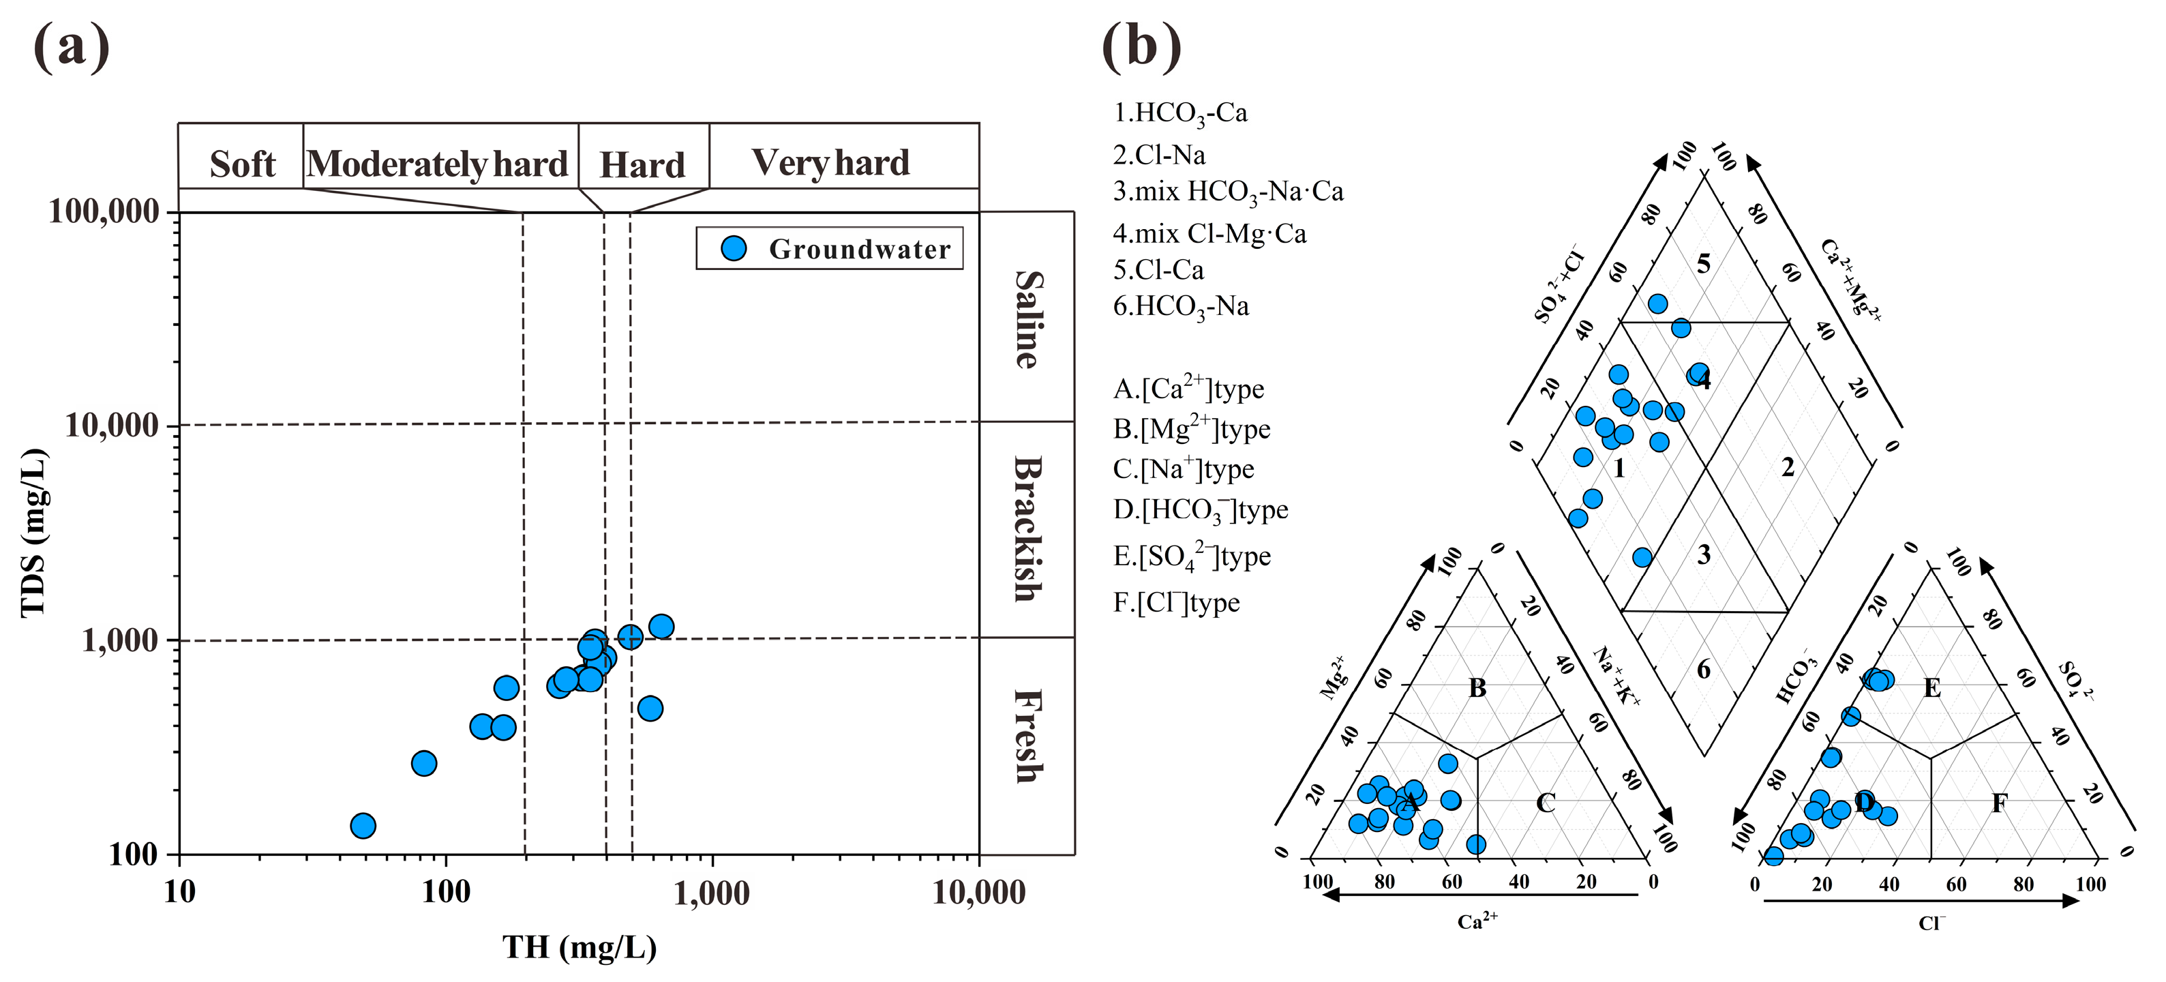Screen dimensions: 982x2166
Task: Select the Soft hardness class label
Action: (x=242, y=164)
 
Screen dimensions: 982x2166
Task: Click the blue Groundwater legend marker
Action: (x=733, y=248)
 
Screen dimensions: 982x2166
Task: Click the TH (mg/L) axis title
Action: (x=580, y=947)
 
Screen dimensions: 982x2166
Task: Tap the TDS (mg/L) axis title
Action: (x=33, y=533)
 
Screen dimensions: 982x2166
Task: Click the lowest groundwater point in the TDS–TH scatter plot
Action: (x=363, y=826)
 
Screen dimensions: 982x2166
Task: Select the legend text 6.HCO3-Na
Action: (x=1181, y=306)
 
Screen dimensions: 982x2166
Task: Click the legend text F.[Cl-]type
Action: (x=1176, y=603)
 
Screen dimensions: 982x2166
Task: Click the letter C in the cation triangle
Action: (x=1546, y=803)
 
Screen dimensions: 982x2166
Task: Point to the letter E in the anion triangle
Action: (x=1932, y=689)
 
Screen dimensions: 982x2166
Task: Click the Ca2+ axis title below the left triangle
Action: (x=1477, y=921)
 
